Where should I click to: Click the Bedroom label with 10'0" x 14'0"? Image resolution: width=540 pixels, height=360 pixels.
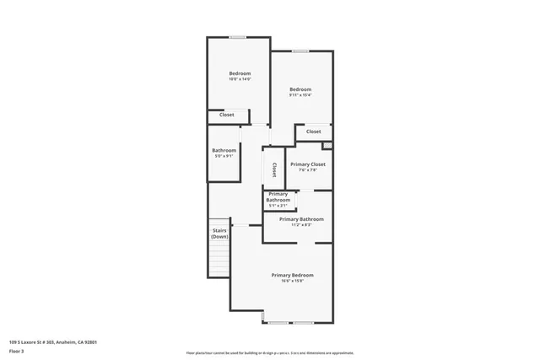click(x=240, y=73)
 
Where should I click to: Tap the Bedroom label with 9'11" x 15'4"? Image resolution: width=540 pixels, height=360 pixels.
click(x=300, y=89)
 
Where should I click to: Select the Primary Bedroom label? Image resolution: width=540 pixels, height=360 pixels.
click(x=292, y=276)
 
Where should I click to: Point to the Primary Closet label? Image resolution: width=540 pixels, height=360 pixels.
click(x=307, y=164)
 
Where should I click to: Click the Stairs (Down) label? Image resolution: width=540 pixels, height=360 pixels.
click(x=219, y=233)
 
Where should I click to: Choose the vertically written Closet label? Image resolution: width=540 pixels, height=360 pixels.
click(x=274, y=169)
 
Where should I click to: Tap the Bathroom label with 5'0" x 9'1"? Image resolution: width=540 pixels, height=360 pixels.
click(x=224, y=150)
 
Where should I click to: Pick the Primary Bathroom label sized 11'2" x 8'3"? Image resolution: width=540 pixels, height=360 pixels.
click(x=301, y=219)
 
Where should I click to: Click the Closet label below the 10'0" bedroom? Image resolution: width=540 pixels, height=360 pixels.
click(x=227, y=115)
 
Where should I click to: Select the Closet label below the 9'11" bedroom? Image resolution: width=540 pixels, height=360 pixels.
click(x=313, y=132)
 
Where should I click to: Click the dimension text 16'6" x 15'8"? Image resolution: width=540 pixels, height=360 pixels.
click(x=292, y=282)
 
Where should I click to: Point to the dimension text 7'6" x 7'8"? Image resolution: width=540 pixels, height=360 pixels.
click(x=307, y=170)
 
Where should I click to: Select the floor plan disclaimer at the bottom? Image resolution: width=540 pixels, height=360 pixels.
click(x=269, y=353)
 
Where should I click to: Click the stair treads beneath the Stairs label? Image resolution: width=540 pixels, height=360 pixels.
click(x=219, y=258)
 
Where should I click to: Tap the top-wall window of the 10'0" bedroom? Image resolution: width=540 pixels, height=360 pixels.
click(x=239, y=37)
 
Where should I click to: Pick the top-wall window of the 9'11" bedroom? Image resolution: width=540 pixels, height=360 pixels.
click(x=300, y=51)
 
